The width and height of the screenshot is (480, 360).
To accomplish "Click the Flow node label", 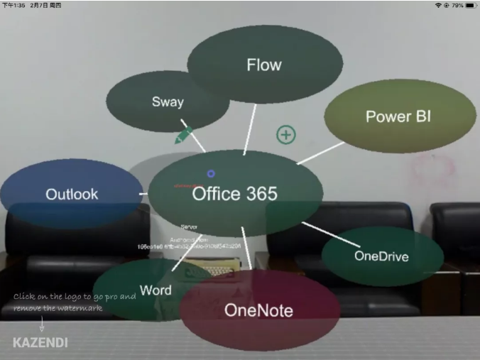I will pos(264,65).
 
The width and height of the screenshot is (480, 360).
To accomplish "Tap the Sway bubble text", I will pos(168,102).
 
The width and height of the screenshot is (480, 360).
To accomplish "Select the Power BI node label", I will pos(398,116).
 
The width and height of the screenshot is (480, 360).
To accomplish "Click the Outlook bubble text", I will pos(72,194).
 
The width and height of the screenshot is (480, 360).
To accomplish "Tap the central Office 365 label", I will pos(234,193).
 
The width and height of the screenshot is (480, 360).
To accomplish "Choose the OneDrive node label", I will pos(381,256).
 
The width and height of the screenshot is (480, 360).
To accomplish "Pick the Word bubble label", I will pos(156,290).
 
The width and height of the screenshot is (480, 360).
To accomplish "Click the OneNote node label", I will pos(258,310).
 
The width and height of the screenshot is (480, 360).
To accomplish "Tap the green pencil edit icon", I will pos(183,134).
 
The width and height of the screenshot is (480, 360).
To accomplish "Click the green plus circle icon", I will pos(285,134).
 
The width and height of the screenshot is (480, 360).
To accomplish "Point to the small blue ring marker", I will pos(211,174).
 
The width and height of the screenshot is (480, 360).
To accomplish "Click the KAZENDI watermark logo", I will pos(40,342).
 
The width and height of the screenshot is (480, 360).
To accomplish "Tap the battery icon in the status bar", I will pos(469,5).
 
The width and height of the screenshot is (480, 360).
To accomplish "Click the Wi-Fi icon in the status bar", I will pos(439,5).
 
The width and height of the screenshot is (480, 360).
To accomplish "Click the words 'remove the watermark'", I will pos(58,308).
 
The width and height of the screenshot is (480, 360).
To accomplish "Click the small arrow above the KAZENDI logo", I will pos(41,324).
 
